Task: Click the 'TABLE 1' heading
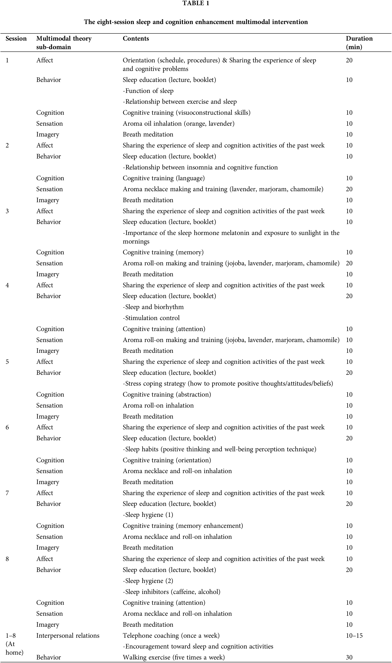[x=196, y=4]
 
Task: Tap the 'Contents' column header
[x=136, y=39]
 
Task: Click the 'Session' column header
[x=16, y=39]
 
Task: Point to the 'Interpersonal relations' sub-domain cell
[x=68, y=635]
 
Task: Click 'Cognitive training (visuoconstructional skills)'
[x=187, y=113]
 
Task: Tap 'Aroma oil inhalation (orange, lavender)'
[x=179, y=123]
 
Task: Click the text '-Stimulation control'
[x=151, y=318]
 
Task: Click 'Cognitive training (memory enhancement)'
[x=183, y=526]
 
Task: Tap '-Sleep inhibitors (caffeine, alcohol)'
[x=171, y=592]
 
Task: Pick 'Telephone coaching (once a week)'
[x=171, y=635]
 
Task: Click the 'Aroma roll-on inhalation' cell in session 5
[x=158, y=406]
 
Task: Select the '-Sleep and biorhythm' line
[x=153, y=307]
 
